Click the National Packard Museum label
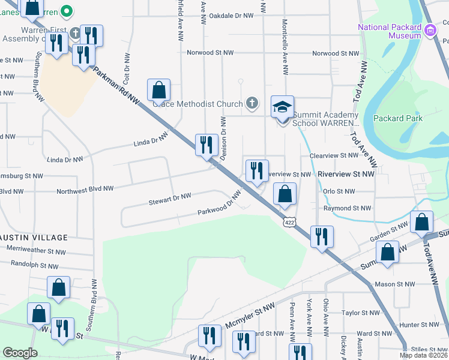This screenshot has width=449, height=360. coord(390,31)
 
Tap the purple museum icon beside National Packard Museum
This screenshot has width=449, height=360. coord(430,30)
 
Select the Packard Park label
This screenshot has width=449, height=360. coord(397,118)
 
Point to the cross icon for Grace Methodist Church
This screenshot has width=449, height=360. coord(252,104)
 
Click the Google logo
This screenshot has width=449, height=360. coord(20,353)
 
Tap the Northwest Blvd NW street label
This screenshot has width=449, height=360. coord(85,189)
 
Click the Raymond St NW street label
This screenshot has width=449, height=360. coord(348,208)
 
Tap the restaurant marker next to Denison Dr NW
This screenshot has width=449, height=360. coord(206,145)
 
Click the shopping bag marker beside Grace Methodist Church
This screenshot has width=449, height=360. coord(159,91)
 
